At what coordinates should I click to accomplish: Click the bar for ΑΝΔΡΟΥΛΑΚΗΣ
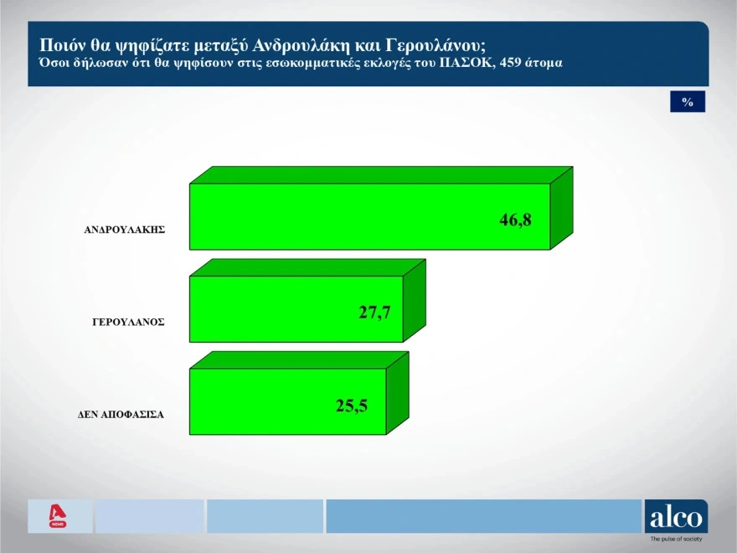point(381,209)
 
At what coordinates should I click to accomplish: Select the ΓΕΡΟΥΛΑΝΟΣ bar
point(307,301)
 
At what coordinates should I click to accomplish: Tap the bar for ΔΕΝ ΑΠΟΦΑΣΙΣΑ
point(299,393)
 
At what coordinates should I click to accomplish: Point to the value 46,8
point(515,220)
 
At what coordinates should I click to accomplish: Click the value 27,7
point(374,313)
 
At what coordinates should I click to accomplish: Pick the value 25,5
point(352,406)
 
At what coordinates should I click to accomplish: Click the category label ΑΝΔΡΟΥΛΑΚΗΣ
point(125,230)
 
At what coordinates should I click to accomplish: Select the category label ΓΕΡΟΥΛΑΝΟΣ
point(128,322)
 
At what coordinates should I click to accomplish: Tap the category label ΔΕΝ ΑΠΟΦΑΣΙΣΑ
point(121,415)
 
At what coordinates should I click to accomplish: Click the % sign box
point(688,101)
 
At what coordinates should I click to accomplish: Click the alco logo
point(676,516)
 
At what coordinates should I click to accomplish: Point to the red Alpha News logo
point(57,516)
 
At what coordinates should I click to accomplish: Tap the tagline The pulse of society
point(677,539)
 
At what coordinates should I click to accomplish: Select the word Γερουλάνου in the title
point(435,46)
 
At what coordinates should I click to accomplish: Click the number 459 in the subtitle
point(510,63)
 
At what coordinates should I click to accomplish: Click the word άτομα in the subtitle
point(544,63)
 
